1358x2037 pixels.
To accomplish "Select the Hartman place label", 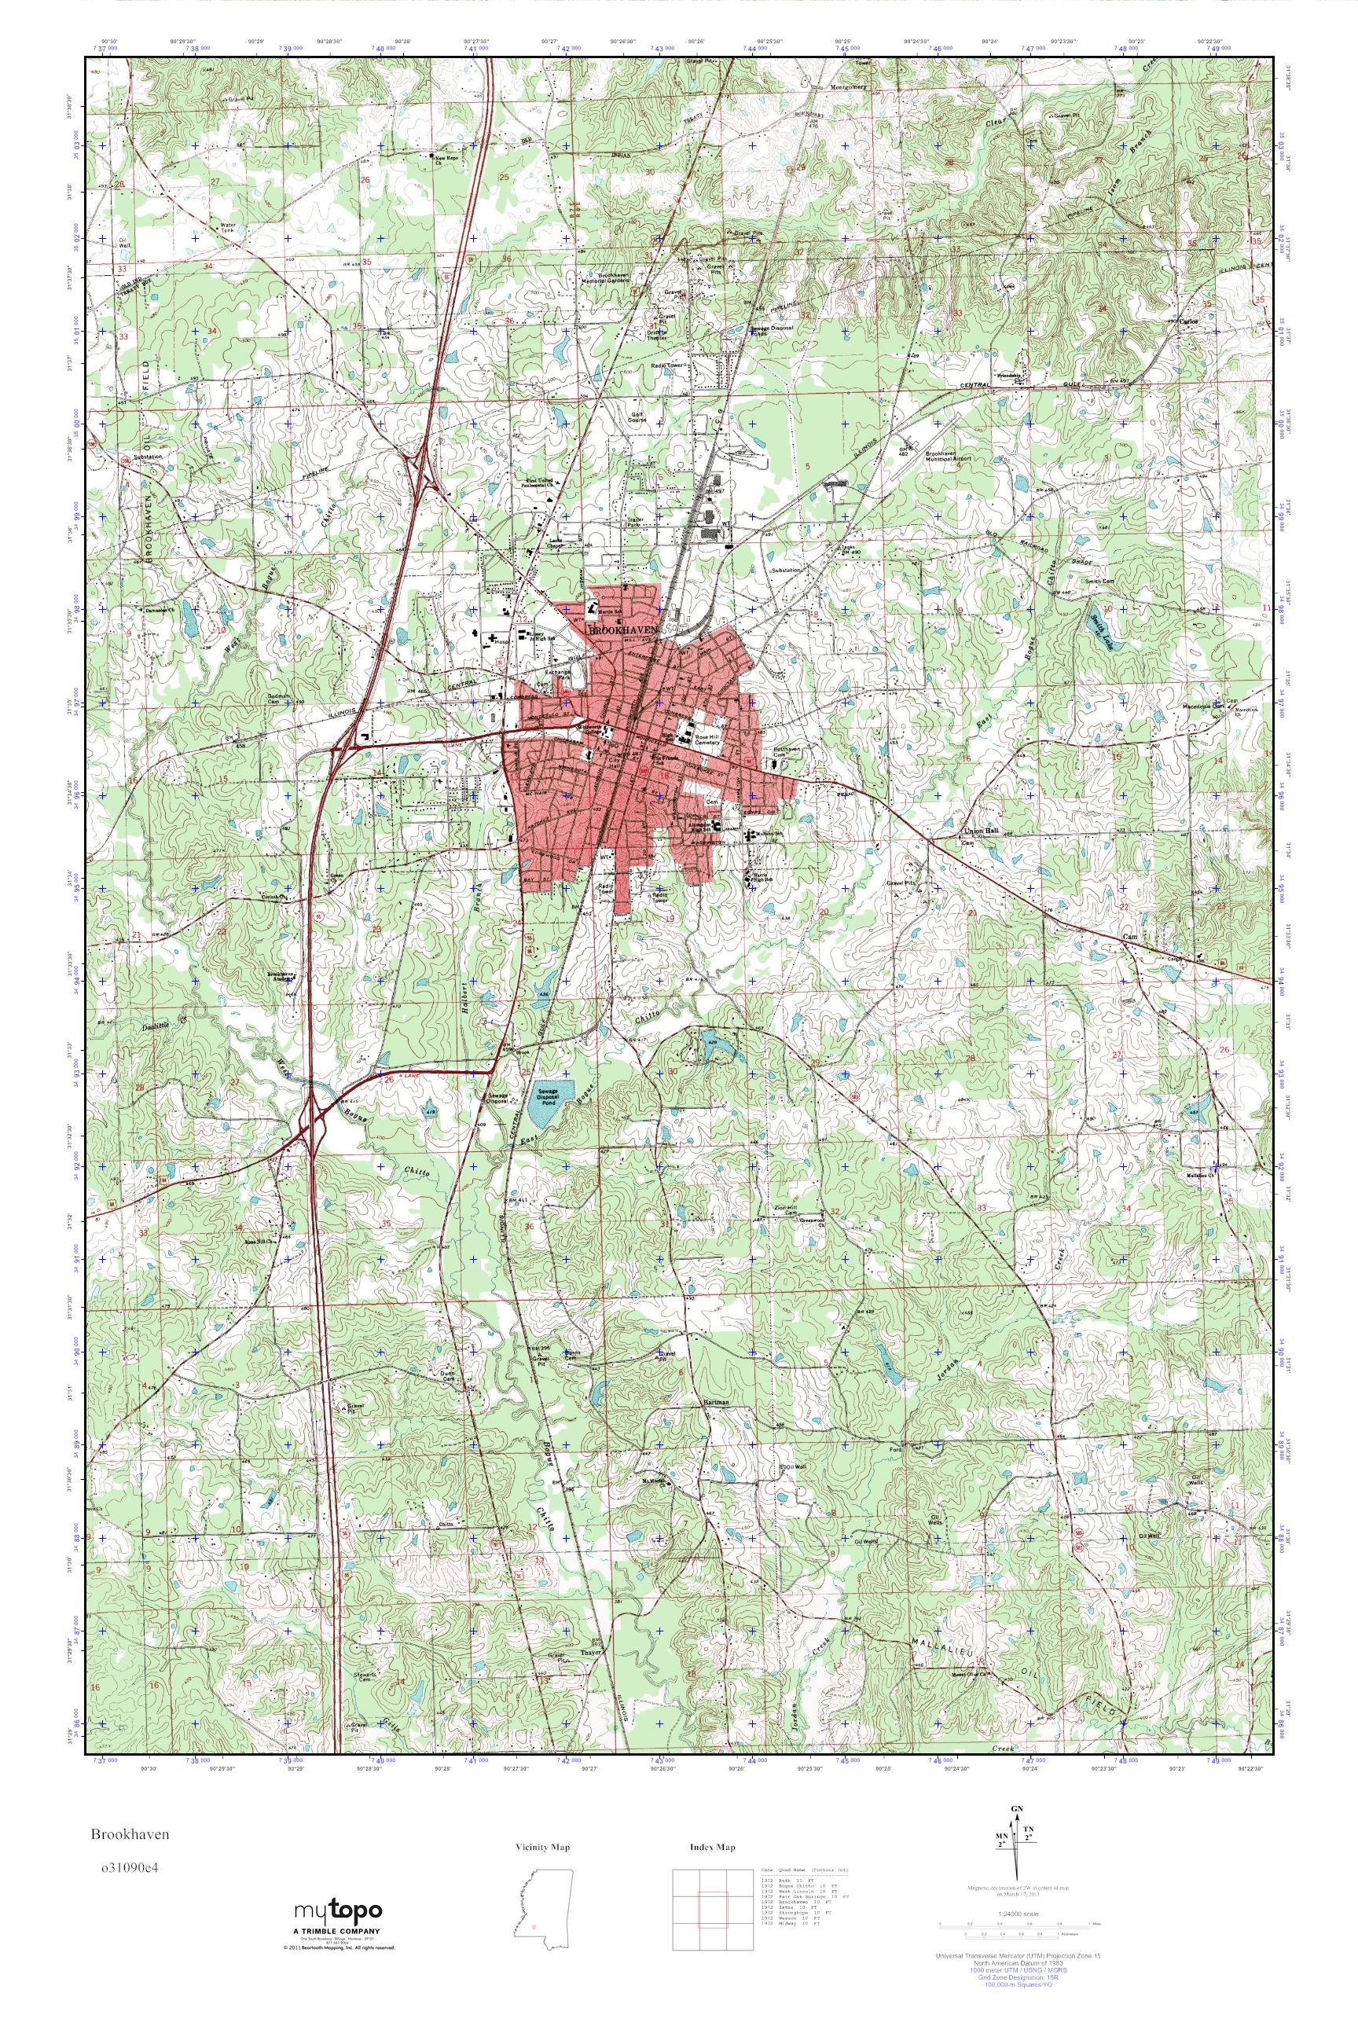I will (x=714, y=1401).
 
